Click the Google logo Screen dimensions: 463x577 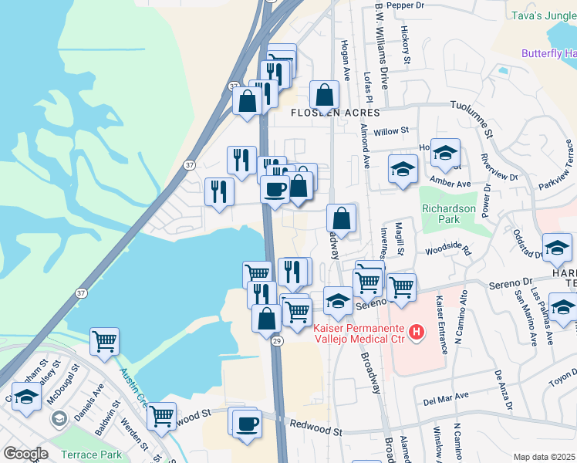(x=25, y=454)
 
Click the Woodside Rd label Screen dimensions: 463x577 (x=447, y=252)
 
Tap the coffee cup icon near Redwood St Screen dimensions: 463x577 (x=247, y=424)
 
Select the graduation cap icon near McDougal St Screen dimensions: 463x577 (x=27, y=398)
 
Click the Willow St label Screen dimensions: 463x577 (x=390, y=132)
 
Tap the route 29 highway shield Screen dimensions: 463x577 (x=277, y=340)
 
